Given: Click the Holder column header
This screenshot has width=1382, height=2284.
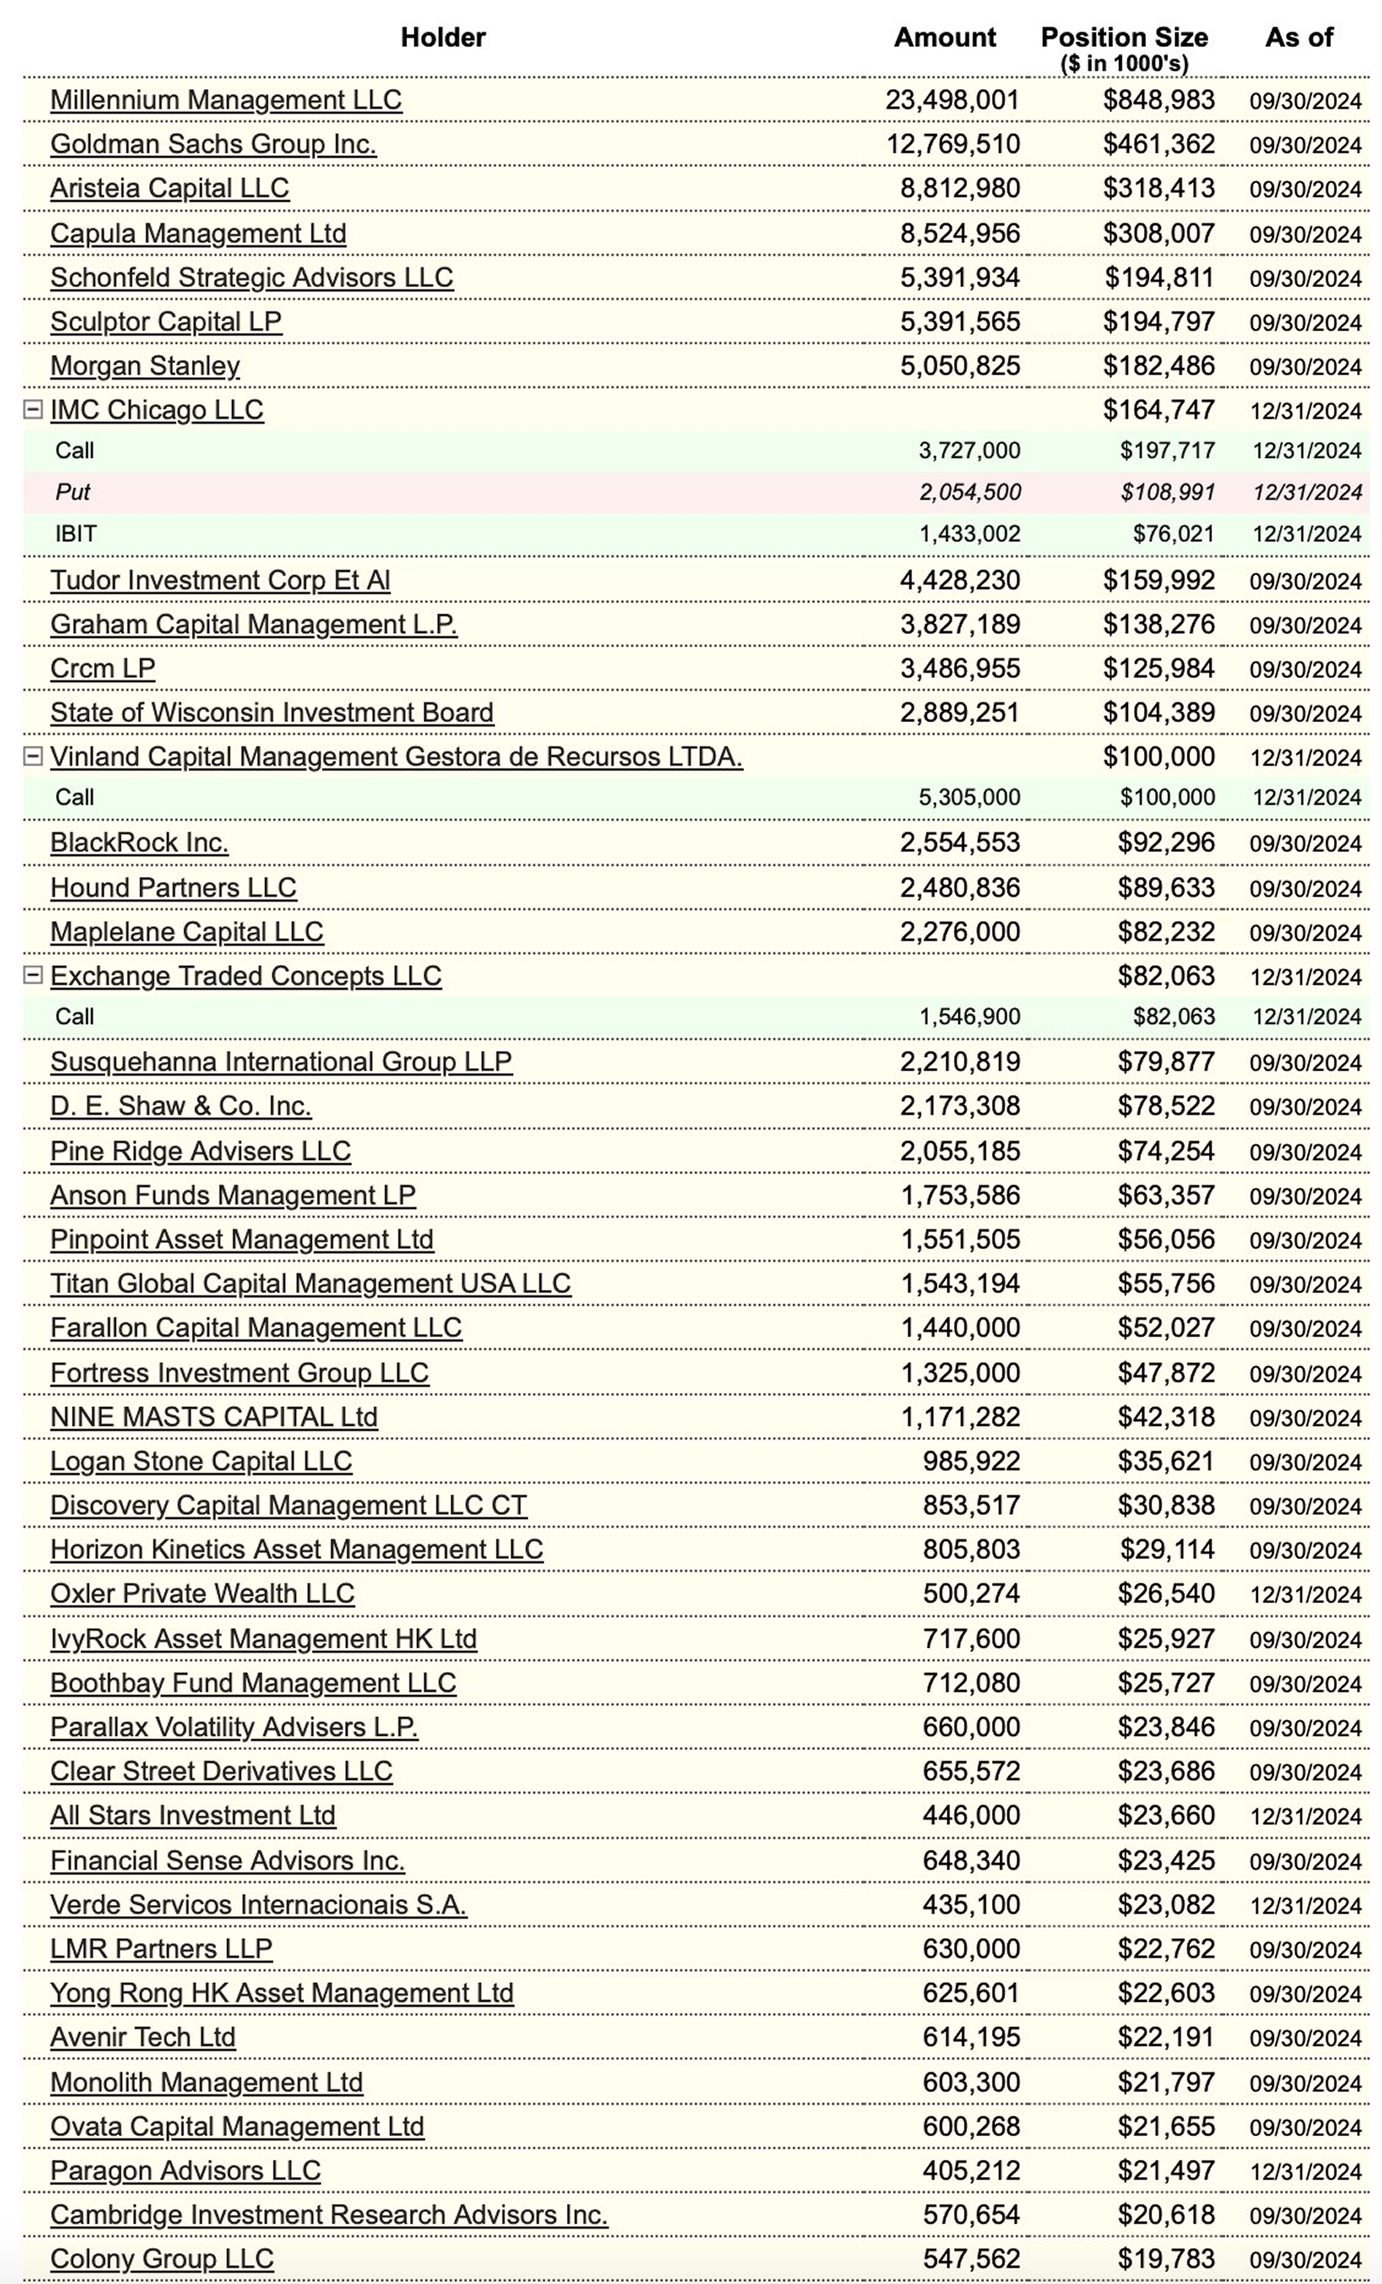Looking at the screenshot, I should tap(442, 37).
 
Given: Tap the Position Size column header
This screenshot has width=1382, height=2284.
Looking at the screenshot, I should tap(1123, 38).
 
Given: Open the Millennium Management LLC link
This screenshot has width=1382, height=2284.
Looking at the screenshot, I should tap(225, 100).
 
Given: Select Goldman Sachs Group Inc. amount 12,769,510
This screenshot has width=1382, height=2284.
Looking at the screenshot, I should tap(952, 145).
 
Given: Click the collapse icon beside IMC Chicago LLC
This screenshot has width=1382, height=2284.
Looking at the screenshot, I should tap(32, 410).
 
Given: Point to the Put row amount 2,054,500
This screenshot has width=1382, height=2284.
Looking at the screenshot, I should tap(970, 492).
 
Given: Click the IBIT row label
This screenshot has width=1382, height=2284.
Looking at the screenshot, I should tap(76, 534).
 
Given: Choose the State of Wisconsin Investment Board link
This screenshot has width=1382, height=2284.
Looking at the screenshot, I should tap(271, 713).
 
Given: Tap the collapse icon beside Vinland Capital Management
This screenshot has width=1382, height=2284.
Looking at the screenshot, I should tap(32, 757).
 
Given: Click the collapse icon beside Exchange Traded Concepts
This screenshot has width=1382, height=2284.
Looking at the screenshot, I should tap(32, 975).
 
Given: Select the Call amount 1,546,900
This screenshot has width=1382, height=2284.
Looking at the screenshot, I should tap(970, 1017).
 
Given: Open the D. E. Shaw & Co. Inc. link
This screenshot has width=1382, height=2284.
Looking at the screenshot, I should tap(181, 1106).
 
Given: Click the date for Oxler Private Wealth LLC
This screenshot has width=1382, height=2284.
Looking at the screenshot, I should tap(1305, 1594).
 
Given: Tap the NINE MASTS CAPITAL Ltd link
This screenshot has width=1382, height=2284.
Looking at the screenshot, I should tap(214, 1417).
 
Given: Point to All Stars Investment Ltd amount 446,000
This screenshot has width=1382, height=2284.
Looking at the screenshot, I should tap(970, 1815).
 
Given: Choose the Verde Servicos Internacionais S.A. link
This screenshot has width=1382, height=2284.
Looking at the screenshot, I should tap(259, 1904).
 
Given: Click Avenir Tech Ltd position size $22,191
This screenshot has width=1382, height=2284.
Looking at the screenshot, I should tap(1165, 2038).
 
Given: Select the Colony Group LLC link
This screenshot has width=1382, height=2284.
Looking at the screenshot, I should tap(162, 2259).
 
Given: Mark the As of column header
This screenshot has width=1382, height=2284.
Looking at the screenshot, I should tap(1299, 37).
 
